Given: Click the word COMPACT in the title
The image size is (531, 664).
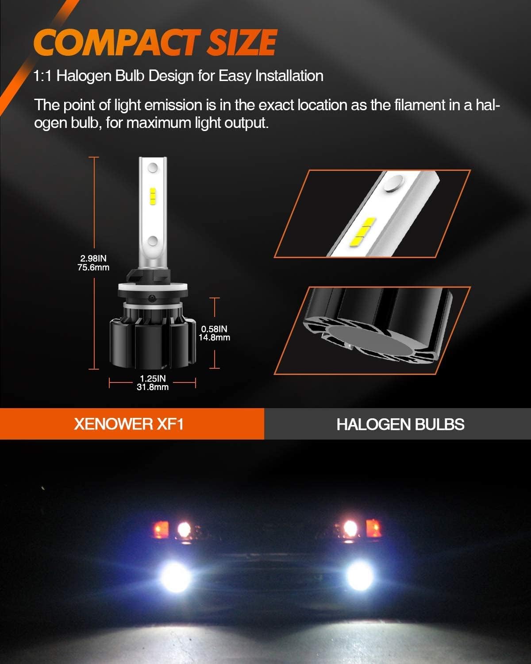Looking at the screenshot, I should [x=115, y=43].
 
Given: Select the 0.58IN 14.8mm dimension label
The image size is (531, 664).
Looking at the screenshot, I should [x=214, y=333].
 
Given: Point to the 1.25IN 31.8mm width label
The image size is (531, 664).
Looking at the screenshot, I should [x=153, y=383].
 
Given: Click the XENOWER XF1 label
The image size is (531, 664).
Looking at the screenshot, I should [x=129, y=424].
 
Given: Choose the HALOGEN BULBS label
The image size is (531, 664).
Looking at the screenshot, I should [x=400, y=424].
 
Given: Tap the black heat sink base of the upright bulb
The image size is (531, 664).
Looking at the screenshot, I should [x=152, y=343].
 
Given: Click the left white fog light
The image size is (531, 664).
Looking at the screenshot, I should [x=176, y=576].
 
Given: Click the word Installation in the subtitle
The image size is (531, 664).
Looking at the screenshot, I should [x=289, y=76].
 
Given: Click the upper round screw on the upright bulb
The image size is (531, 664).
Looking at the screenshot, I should [x=153, y=168].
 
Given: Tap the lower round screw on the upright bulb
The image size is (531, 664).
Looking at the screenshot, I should [x=153, y=241].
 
